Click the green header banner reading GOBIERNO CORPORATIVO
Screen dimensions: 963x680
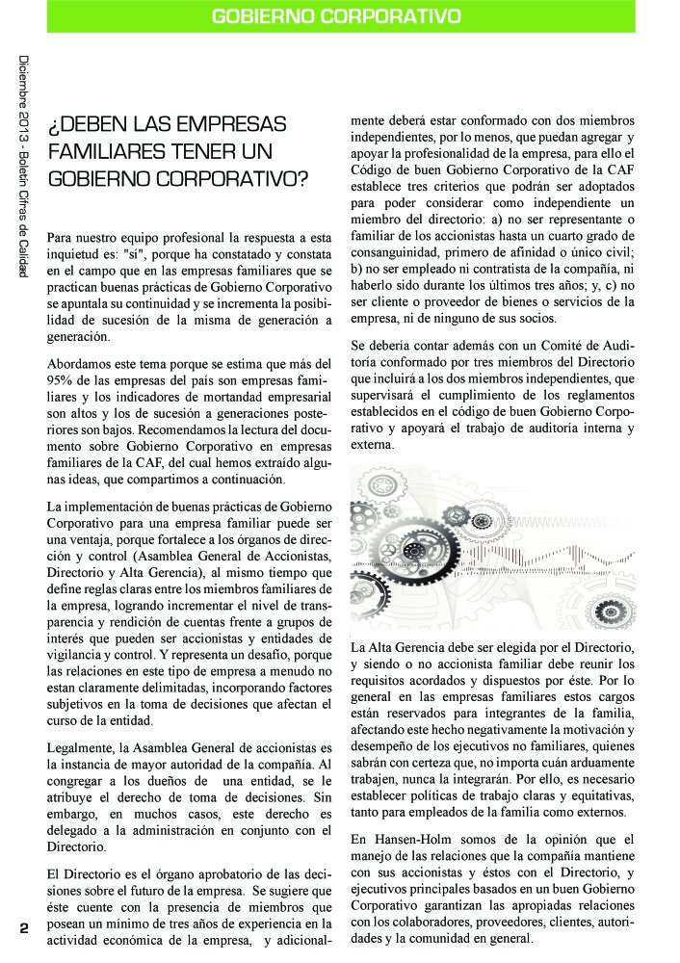(335, 16)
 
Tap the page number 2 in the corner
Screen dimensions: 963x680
(23, 928)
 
